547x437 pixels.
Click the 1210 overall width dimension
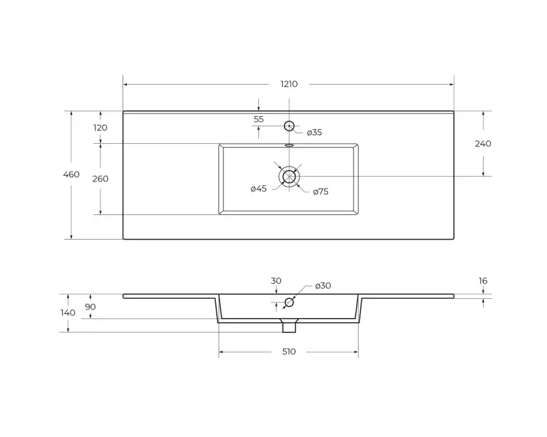289,84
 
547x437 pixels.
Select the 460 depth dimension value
71,174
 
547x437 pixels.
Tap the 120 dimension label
100,128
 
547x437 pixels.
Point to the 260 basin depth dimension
100,178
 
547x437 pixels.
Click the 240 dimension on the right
483,144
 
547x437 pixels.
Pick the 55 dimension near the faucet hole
258,119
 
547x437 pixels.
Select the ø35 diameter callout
315,132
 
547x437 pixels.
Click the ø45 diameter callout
258,189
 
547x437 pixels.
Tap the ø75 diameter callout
321,192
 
